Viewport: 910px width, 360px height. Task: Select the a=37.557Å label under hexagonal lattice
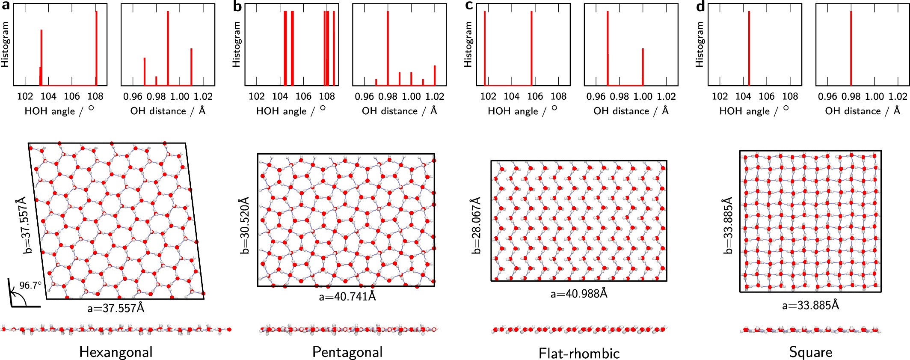coord(116,308)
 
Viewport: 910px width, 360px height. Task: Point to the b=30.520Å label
coord(244,226)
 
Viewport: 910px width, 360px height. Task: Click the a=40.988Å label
coord(579,294)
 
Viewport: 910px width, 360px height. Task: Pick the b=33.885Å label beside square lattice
coord(727,226)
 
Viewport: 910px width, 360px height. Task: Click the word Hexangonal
coord(116,352)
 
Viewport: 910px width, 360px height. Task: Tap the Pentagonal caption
coord(347,352)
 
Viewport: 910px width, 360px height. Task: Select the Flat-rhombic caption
coord(579,354)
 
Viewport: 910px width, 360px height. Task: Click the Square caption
coord(810,352)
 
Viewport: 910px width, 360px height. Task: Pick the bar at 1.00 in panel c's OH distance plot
coord(643,66)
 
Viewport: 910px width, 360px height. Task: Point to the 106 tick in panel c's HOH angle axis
coord(535,97)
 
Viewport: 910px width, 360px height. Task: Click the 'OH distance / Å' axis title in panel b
coord(399,111)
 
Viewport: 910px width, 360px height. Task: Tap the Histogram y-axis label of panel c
coord(468,45)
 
